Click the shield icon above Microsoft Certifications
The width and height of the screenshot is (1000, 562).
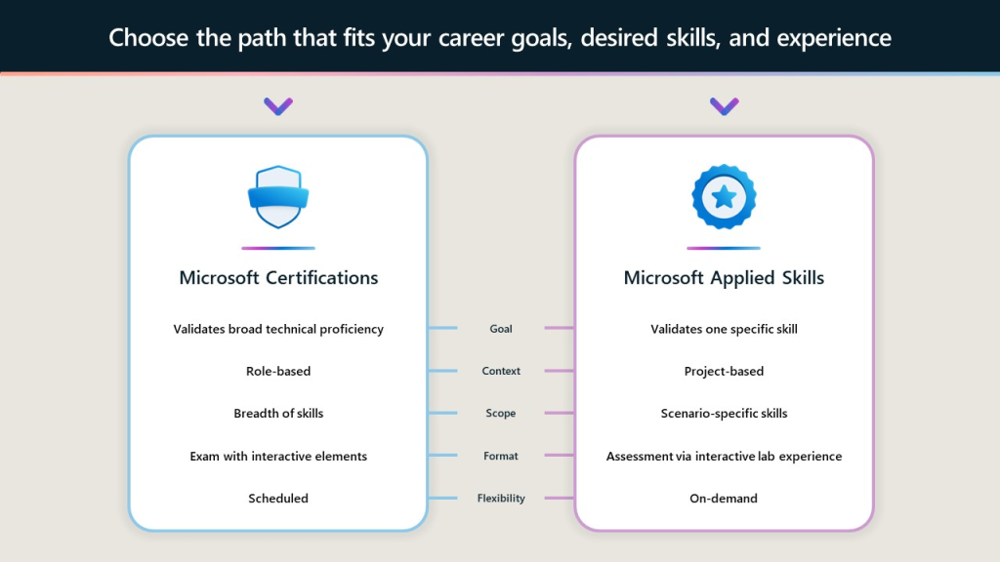(x=278, y=197)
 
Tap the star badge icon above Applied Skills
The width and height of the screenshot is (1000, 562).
(x=724, y=197)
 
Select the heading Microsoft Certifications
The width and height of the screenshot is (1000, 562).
(x=278, y=278)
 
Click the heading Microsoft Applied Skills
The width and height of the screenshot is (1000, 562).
(x=724, y=278)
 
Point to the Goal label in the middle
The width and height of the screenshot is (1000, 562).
(x=501, y=329)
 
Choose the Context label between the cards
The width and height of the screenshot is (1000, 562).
(x=501, y=371)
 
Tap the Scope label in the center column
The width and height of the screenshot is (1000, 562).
(x=501, y=413)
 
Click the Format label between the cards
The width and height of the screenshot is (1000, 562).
(x=501, y=456)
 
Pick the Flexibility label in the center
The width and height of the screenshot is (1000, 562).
(x=501, y=499)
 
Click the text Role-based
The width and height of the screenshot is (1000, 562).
(x=278, y=371)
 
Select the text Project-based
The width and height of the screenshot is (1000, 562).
(x=724, y=371)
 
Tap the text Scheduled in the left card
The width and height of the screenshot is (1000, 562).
(x=278, y=499)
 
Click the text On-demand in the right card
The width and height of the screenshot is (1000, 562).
(x=724, y=499)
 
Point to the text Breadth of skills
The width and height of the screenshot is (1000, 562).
(x=278, y=413)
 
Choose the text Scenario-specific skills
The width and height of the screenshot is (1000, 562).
(x=724, y=413)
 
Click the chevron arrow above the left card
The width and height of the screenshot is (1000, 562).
(x=278, y=105)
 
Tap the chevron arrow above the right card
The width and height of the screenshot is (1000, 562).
(x=724, y=105)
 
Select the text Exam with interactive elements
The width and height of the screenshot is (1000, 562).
(x=278, y=456)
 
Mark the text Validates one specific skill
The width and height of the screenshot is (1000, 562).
(x=724, y=329)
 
